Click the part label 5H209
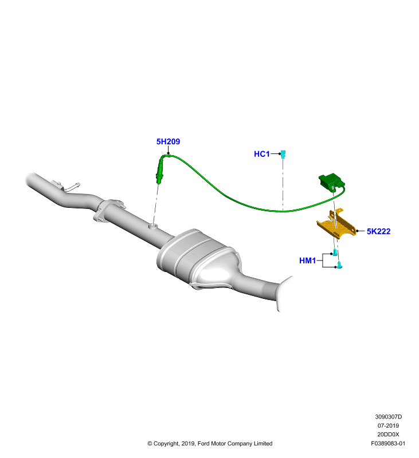click(168, 141)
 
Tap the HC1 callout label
click(262, 154)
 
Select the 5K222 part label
click(379, 231)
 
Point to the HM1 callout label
click(307, 260)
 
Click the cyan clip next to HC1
click(283, 154)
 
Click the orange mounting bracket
click(336, 224)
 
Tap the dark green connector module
click(331, 181)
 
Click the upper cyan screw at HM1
click(335, 252)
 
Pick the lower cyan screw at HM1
click(339, 265)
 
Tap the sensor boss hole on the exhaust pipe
click(154, 226)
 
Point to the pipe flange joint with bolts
click(108, 211)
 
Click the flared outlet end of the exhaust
click(283, 294)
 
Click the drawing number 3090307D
click(388, 417)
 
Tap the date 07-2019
click(388, 425)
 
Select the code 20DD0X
click(388, 435)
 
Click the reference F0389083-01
click(388, 443)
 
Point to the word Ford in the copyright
click(203, 443)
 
